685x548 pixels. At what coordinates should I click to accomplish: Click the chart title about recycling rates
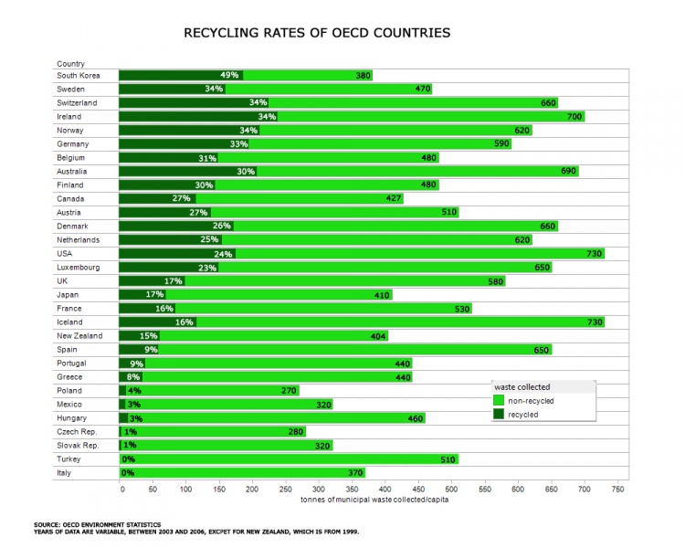tap(317, 33)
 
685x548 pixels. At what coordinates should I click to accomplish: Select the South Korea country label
tap(78, 76)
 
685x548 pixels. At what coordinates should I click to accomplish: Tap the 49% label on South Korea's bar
tap(229, 76)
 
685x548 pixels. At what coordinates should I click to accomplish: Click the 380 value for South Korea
tap(364, 76)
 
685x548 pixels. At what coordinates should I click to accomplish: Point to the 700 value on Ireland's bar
tap(574, 117)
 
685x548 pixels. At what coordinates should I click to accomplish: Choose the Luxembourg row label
tap(78, 268)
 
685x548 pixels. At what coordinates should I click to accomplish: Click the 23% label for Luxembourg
tap(207, 268)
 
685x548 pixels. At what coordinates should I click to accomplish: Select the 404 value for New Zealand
tap(378, 336)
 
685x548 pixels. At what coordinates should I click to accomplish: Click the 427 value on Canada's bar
tap(394, 199)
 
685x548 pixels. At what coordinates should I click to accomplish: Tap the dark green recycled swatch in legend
tap(499, 414)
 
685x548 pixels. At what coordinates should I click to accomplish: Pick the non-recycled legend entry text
tap(532, 400)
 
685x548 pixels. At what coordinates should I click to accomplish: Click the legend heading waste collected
tap(522, 387)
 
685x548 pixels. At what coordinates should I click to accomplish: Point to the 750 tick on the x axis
tap(617, 489)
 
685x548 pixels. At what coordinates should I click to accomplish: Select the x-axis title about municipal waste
tap(374, 500)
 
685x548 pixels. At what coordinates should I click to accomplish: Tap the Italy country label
tap(65, 473)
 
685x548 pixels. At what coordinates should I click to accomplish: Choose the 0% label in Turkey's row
tap(129, 459)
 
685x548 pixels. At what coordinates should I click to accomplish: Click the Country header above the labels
tap(70, 64)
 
